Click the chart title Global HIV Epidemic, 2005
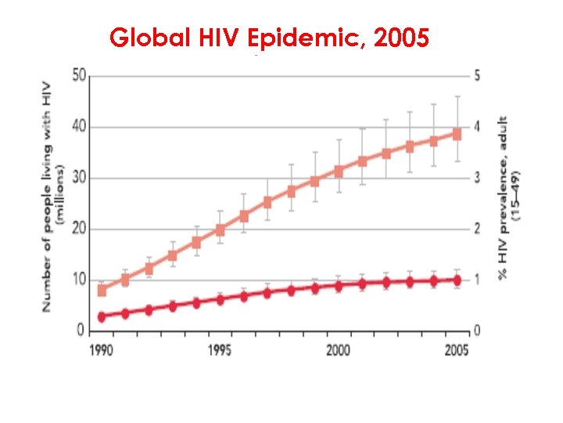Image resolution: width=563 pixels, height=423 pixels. [x=269, y=37]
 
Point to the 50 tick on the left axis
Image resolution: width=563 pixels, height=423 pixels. [x=79, y=77]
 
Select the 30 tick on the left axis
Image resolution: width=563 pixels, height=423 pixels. [x=79, y=179]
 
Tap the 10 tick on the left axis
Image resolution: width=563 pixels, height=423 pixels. [x=79, y=280]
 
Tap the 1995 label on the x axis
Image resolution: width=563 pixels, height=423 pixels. [x=220, y=351]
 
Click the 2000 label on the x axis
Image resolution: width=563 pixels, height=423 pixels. [x=338, y=351]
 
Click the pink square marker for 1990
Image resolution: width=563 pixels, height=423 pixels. [x=102, y=291]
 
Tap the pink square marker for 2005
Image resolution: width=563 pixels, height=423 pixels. [x=457, y=134]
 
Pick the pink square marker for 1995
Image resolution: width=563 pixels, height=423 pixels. [x=221, y=230]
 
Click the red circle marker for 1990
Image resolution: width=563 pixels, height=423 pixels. [x=102, y=316]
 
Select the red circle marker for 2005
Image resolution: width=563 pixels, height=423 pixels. [x=457, y=280]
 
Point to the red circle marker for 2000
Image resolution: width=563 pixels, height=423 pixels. [x=339, y=286]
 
